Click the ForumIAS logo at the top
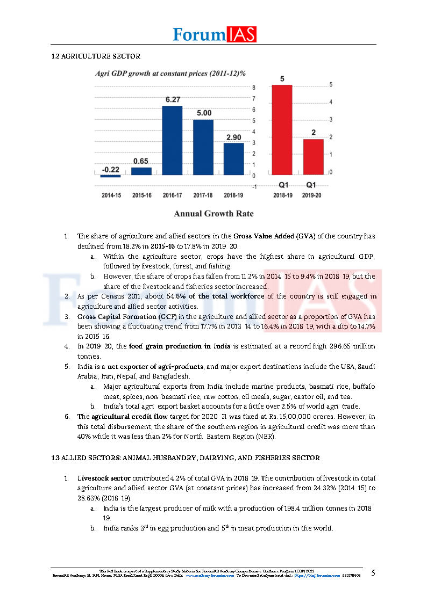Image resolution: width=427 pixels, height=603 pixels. point(214,34)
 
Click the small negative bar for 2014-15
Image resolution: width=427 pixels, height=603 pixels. point(111,176)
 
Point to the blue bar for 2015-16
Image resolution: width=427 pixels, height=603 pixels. point(141,171)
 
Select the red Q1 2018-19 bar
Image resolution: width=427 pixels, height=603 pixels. point(282,129)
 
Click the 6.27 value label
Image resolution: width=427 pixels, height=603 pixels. point(172,99)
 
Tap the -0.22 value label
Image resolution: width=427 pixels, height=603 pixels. point(110,170)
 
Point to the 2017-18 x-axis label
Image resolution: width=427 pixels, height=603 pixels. point(203,195)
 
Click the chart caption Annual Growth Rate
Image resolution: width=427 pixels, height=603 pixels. point(213,214)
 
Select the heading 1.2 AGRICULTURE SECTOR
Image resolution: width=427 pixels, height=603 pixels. point(95,56)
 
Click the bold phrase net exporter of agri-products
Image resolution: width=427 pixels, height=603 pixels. point(155,366)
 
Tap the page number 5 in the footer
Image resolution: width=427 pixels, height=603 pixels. point(373,572)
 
